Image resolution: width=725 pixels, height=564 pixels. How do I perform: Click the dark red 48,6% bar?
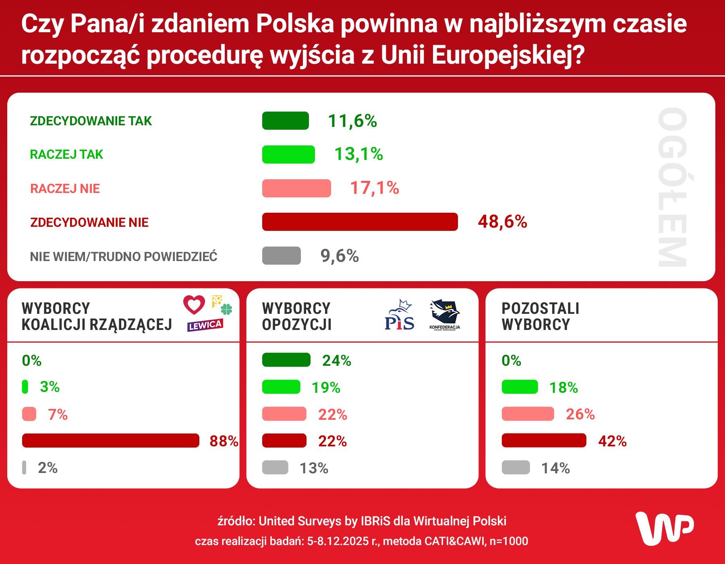(360, 222)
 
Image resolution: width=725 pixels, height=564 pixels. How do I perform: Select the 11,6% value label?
(352, 121)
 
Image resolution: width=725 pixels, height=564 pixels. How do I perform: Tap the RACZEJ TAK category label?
(66, 154)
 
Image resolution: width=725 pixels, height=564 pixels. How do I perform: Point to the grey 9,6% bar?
(281, 256)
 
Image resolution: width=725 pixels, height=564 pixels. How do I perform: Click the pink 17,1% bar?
(296, 188)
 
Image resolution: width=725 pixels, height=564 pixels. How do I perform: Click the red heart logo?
(194, 305)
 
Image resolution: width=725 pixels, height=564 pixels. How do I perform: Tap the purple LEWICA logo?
(205, 325)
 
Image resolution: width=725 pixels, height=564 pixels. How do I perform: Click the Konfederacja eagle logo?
(445, 313)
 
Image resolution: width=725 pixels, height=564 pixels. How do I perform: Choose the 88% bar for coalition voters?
(111, 441)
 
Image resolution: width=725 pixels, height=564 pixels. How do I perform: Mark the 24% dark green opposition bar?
(286, 360)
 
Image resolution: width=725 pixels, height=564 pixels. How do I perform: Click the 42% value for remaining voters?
(612, 441)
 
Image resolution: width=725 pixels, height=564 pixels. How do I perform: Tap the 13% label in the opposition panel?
(314, 468)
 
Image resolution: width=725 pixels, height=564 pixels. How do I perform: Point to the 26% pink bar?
(528, 414)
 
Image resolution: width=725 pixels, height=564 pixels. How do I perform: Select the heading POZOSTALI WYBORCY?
(540, 316)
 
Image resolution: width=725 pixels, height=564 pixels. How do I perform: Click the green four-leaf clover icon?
(227, 309)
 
